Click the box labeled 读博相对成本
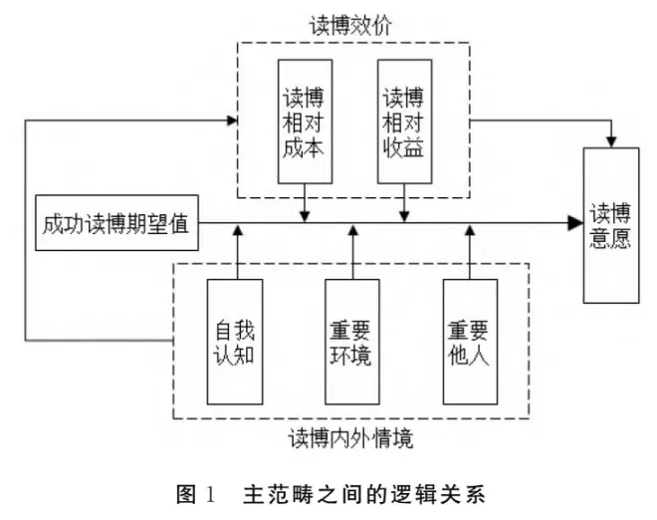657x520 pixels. (x=304, y=121)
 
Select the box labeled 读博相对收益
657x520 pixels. (x=404, y=121)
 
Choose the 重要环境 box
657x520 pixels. (x=351, y=342)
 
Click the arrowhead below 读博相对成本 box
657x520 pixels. (x=305, y=214)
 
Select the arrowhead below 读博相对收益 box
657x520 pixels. (x=404, y=214)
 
